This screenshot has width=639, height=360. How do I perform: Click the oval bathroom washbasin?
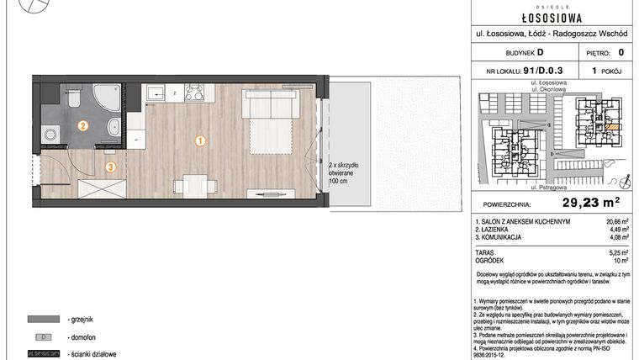pos(113,130)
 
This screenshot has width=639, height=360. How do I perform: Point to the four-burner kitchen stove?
pos(195,93)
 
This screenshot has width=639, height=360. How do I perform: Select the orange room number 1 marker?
pos(200,140)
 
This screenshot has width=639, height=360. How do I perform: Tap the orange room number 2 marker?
pos(82,126)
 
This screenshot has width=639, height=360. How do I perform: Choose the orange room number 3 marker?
pos(109,167)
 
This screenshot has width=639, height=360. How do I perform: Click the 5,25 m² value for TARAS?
pos(619,251)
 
